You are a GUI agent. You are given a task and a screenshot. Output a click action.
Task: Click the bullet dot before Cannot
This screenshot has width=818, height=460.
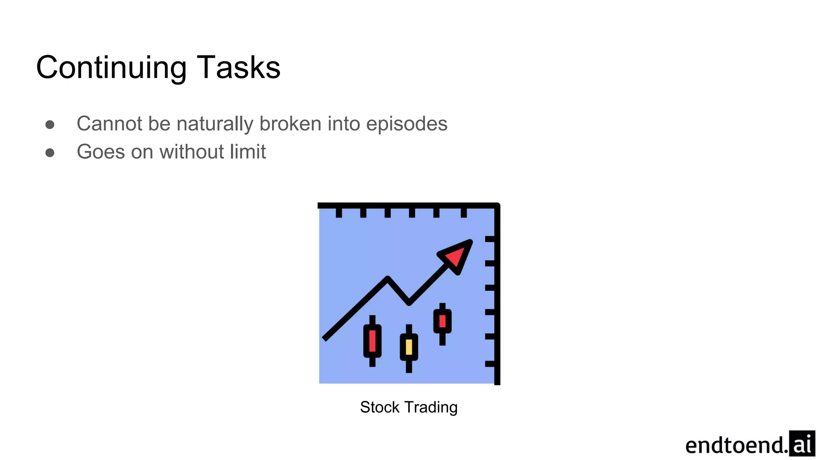pyautogui.click(x=50, y=125)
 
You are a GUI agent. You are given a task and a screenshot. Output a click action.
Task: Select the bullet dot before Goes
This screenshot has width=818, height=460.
pyautogui.click(x=50, y=153)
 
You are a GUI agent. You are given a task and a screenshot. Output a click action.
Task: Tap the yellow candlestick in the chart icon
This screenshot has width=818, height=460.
pyautogui.click(x=409, y=347)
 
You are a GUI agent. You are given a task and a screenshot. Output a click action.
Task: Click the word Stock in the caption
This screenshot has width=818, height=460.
pyautogui.click(x=379, y=407)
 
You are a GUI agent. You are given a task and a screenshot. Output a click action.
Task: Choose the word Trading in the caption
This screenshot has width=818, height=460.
pyautogui.click(x=431, y=408)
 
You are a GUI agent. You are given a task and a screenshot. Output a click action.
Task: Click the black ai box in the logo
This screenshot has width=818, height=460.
pyautogui.click(x=802, y=443)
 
